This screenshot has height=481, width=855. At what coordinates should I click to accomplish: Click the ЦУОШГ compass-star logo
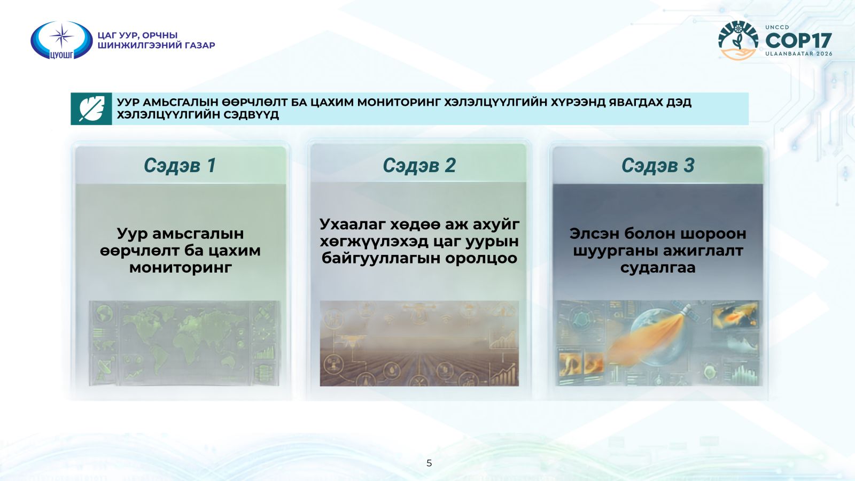[x=61, y=40]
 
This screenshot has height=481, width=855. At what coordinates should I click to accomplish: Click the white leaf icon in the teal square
[x=91, y=109]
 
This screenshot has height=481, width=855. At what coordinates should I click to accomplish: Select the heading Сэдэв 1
[x=180, y=165]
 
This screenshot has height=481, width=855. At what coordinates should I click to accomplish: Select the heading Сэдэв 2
[x=419, y=165]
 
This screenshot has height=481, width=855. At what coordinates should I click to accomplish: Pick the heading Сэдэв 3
[x=658, y=165]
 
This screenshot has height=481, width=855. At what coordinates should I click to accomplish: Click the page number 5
[x=429, y=463]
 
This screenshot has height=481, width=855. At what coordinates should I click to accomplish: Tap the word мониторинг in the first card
[x=181, y=268]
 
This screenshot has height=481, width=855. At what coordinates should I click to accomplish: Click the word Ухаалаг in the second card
[x=352, y=224]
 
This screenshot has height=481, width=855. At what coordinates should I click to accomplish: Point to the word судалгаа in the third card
[x=658, y=268]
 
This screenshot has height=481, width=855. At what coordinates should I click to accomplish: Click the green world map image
[x=184, y=343]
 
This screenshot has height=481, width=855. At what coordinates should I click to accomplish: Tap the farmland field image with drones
[x=419, y=343]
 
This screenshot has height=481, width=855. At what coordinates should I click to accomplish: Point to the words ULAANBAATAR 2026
[x=798, y=54]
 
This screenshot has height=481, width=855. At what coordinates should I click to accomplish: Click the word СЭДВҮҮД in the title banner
[x=251, y=115]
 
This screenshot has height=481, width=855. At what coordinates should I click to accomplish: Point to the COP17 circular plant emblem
[x=738, y=41]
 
